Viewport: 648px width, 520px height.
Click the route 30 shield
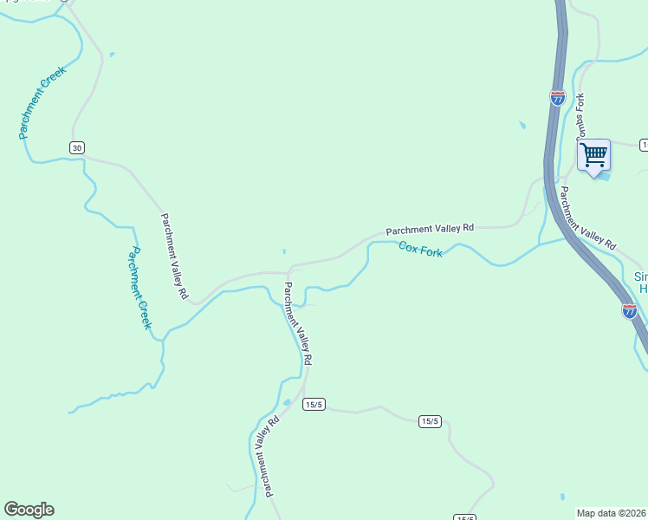(78, 148)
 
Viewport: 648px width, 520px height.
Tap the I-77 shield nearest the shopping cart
(557, 98)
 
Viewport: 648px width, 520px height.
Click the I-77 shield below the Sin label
(630, 311)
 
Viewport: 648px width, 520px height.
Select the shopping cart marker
(593, 156)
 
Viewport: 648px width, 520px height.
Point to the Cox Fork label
(421, 250)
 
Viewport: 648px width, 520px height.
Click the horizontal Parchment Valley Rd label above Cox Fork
(430, 229)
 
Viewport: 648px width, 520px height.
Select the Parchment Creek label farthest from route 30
(139, 289)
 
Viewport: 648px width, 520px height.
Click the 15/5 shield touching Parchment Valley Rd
(313, 405)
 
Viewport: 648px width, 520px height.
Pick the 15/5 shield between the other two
(430, 421)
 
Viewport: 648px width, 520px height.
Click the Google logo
(29, 510)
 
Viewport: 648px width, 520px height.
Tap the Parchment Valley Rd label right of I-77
(586, 218)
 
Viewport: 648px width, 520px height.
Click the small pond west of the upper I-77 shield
(522, 126)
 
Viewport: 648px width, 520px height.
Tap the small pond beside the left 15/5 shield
(287, 403)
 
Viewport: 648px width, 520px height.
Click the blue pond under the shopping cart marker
(604, 178)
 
